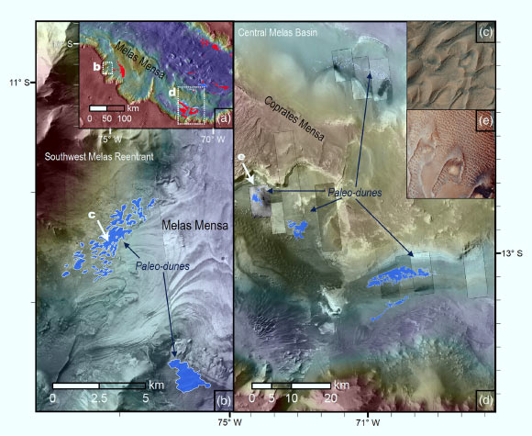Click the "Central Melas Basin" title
[x=278, y=33]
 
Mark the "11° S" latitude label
[x=19, y=84]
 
